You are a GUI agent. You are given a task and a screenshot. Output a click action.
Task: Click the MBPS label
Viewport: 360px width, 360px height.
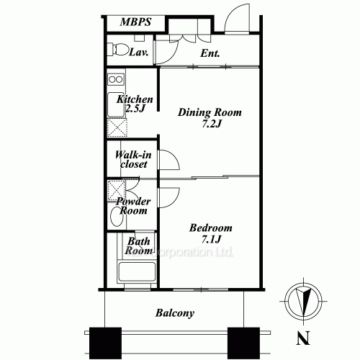[135, 22]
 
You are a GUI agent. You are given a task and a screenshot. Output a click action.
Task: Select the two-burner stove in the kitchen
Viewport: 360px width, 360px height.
[116, 79]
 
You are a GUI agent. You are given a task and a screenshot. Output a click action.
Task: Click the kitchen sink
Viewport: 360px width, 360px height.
[116, 104]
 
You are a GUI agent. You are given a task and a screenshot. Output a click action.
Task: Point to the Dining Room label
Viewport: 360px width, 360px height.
[210, 112]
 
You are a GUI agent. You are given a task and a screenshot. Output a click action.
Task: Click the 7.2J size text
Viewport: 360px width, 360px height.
[211, 124]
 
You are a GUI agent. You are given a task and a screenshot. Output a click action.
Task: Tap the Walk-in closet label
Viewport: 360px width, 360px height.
[133, 160]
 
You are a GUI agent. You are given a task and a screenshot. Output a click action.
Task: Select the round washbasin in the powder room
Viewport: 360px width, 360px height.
[117, 216]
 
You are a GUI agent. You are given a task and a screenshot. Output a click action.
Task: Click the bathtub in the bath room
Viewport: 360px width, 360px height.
[137, 271]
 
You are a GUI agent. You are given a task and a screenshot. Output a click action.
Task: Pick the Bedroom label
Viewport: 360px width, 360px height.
[211, 228]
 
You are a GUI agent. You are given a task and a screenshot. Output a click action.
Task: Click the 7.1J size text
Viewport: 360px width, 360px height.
[211, 239]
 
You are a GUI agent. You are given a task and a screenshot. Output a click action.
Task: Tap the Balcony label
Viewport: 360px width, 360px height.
[175, 313]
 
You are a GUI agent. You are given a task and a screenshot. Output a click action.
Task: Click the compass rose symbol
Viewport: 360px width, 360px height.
[304, 301]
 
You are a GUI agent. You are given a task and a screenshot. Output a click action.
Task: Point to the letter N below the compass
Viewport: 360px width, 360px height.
[303, 338]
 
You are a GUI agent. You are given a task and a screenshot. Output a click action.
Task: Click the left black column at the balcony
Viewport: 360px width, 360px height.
[105, 343]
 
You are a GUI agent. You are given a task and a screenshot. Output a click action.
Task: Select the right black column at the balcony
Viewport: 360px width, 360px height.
[243, 343]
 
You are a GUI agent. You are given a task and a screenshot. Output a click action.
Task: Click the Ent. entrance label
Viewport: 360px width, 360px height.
[210, 53]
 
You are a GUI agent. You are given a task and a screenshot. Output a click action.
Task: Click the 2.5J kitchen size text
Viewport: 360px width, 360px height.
[135, 109]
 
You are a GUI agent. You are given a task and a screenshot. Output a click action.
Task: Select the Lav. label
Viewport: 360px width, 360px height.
[138, 52]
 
